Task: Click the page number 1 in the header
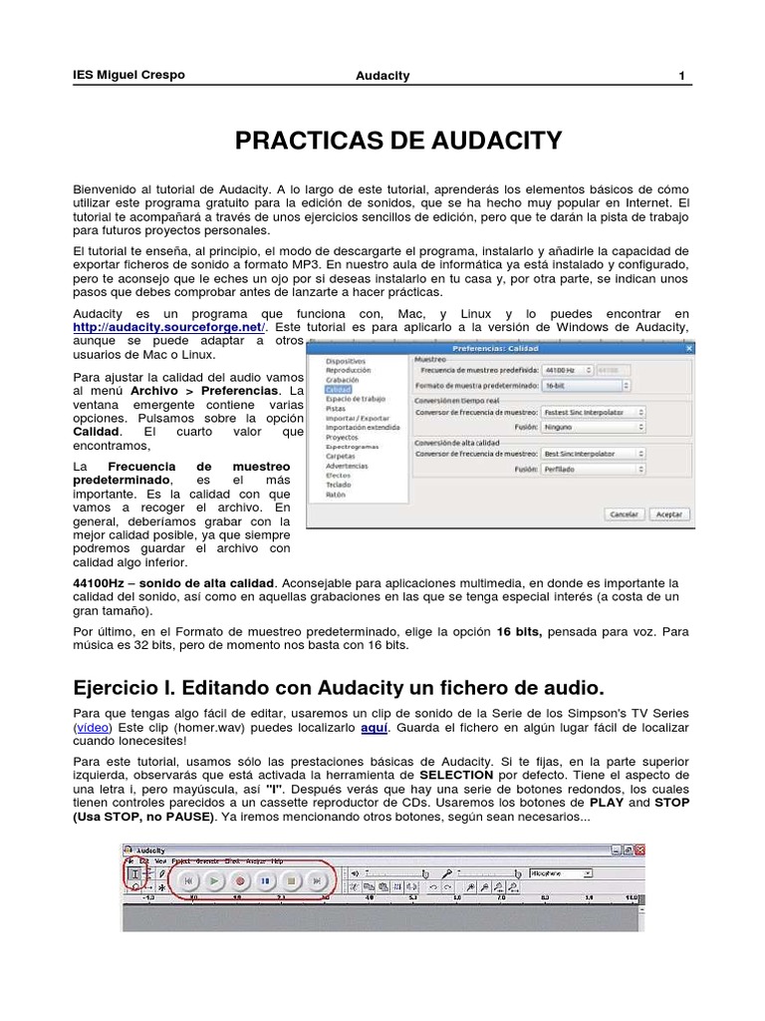[681, 76]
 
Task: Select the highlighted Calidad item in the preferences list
[339, 391]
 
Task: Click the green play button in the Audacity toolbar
[213, 880]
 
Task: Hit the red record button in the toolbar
[239, 880]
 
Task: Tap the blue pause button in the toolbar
[265, 880]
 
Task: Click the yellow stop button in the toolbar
[291, 880]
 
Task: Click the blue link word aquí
[375, 729]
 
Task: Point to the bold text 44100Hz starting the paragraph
[102, 582]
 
